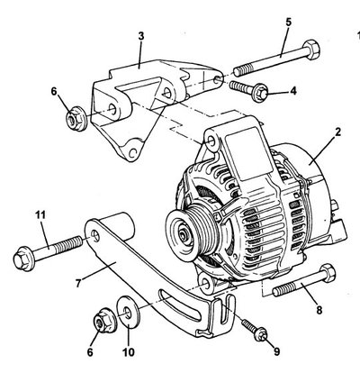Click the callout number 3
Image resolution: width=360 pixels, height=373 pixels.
point(141,36)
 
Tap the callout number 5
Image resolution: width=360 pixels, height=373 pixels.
point(288,22)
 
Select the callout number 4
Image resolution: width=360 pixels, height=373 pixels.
point(293,90)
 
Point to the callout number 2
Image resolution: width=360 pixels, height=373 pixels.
point(337,132)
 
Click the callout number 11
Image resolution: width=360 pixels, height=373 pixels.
point(40,215)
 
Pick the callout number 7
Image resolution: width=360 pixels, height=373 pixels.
point(78,283)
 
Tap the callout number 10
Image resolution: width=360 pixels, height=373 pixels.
point(129,352)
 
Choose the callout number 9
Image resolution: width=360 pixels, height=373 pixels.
point(276,351)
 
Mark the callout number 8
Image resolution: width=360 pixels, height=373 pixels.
point(319,310)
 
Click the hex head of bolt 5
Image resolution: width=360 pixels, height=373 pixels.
point(311,50)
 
